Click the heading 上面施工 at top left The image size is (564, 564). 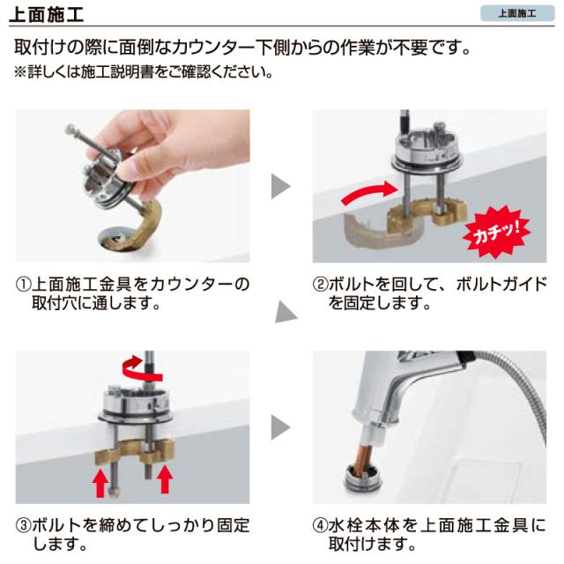(49, 14)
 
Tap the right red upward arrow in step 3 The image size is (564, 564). (166, 480)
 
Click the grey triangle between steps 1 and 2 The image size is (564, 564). (280, 186)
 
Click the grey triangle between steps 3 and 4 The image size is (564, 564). (280, 428)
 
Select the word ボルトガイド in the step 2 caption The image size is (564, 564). (502, 286)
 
